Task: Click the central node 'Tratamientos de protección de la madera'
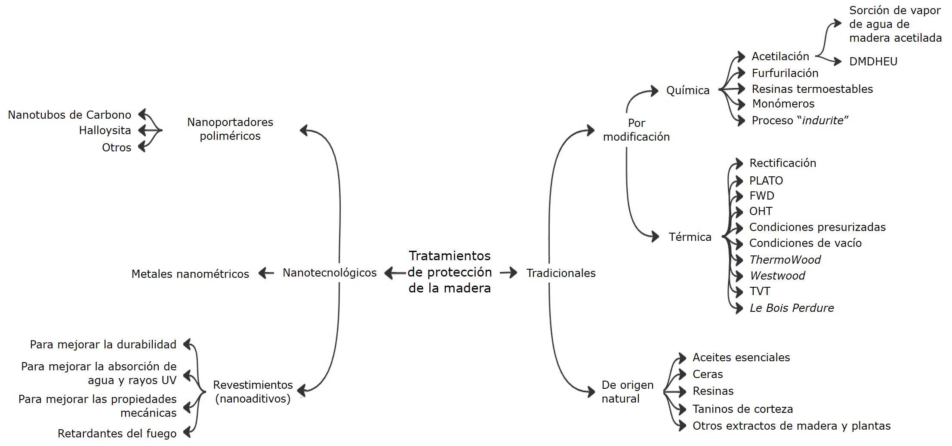click(450, 272)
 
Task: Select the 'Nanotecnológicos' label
click(330, 273)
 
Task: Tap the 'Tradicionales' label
click(561, 273)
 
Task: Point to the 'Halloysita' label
click(105, 130)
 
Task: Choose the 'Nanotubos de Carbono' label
click(70, 115)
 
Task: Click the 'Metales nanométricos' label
click(190, 274)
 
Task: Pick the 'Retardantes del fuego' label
click(117, 434)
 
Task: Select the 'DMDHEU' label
click(873, 62)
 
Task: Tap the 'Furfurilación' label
click(785, 73)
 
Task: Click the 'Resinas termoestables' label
click(812, 89)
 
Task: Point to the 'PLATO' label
click(766, 181)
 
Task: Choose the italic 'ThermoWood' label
click(785, 260)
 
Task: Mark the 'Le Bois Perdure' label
click(792, 308)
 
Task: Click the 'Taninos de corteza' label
click(742, 409)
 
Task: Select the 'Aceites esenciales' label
click(741, 357)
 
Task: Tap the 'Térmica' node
click(690, 237)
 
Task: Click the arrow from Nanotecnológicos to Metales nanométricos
click(266, 273)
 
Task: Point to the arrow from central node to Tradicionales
click(508, 272)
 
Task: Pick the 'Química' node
click(688, 90)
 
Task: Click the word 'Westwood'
click(777, 276)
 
